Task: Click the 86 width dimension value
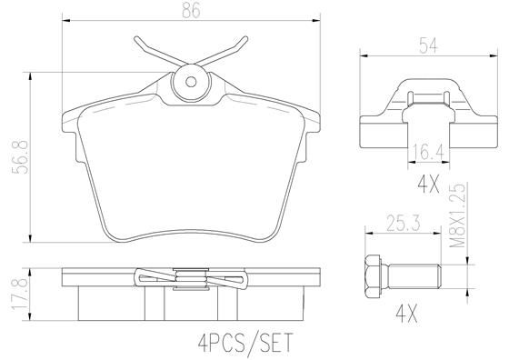click(x=191, y=10)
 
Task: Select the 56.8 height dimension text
click(x=20, y=157)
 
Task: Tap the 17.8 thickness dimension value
click(x=20, y=295)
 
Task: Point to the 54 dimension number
click(x=428, y=45)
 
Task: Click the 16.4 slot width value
click(x=428, y=152)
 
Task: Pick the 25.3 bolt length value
click(x=404, y=224)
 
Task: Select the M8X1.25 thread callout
click(x=458, y=215)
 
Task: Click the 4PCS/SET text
click(x=245, y=343)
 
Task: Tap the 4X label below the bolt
click(x=407, y=314)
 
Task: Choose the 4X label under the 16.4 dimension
click(x=428, y=185)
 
